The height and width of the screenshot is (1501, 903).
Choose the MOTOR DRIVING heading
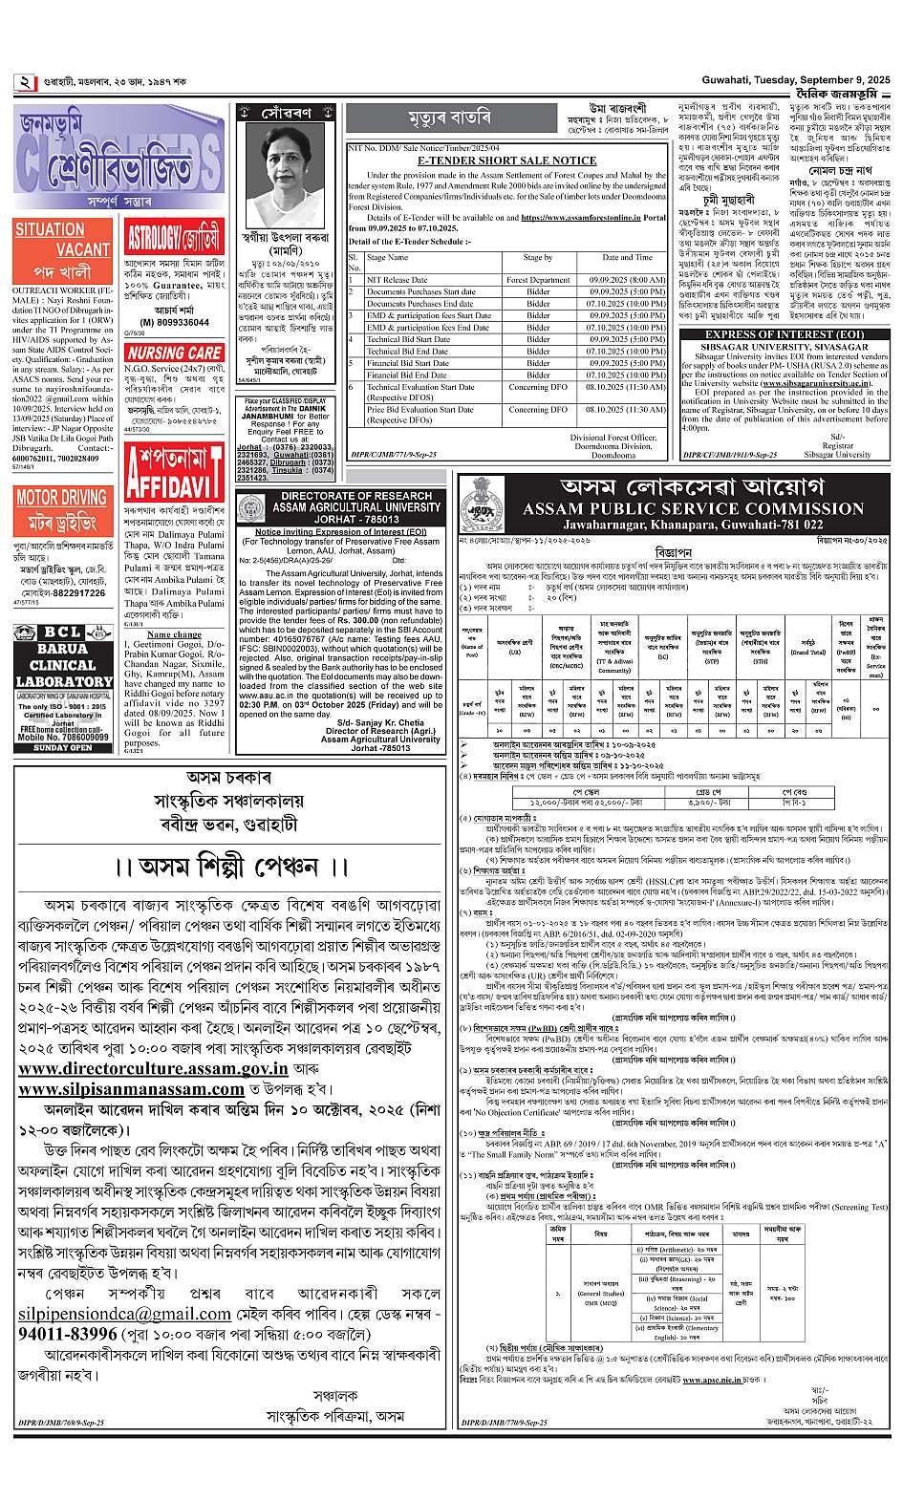(61, 497)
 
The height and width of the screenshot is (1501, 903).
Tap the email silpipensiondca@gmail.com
(124, 1314)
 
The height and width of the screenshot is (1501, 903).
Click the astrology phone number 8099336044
(174, 323)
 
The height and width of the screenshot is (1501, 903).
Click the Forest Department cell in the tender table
(538, 280)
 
